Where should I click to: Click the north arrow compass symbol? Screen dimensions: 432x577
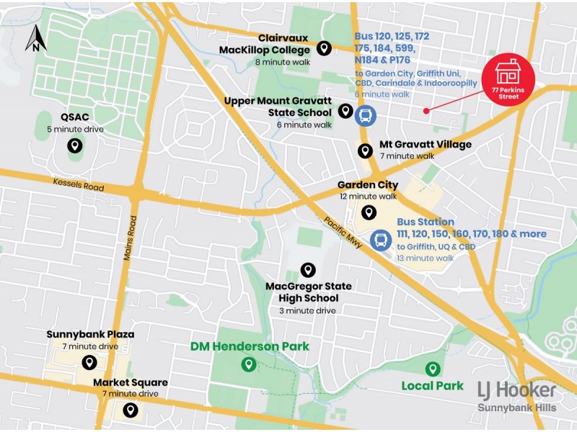35,38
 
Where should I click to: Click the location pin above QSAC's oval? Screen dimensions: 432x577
74,146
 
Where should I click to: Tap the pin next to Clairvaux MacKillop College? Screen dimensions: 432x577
325,48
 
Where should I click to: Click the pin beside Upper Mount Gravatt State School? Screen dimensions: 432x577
345,111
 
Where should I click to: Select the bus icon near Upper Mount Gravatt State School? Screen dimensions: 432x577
366,115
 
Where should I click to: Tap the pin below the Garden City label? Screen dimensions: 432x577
368,212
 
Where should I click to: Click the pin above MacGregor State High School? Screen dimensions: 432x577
308,270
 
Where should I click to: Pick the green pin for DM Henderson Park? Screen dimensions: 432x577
249,364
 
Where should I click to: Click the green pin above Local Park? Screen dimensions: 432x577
432,369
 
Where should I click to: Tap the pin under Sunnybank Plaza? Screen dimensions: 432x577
89,362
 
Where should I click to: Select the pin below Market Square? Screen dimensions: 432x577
130,410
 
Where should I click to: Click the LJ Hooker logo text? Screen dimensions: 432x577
516,390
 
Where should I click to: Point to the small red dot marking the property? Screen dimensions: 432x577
426,110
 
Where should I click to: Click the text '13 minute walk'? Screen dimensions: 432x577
425,258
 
